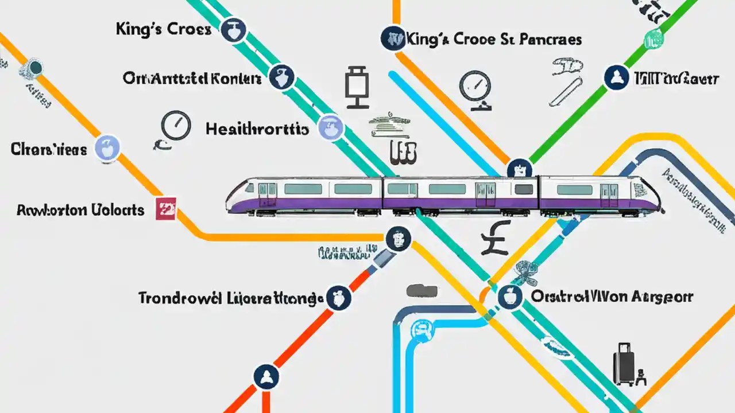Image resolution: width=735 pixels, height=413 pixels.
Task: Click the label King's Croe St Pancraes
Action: tap(493, 39)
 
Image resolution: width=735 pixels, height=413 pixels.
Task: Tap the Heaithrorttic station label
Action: tap(257, 128)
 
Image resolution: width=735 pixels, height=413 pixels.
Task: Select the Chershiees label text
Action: tap(49, 149)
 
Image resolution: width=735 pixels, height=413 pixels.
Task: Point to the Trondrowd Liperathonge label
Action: tap(228, 298)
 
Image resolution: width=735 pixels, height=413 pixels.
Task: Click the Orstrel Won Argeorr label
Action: tap(612, 297)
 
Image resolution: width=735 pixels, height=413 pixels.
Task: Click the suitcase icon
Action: tap(624, 365)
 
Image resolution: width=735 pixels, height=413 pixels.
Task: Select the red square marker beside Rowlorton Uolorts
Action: tap(166, 209)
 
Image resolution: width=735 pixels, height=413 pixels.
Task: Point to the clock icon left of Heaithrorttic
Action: tap(175, 125)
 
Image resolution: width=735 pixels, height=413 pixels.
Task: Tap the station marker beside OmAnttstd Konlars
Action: tap(281, 77)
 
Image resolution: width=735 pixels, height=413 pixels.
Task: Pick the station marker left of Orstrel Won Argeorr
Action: tap(509, 297)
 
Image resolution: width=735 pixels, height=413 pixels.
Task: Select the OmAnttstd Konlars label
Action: tap(192, 78)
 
